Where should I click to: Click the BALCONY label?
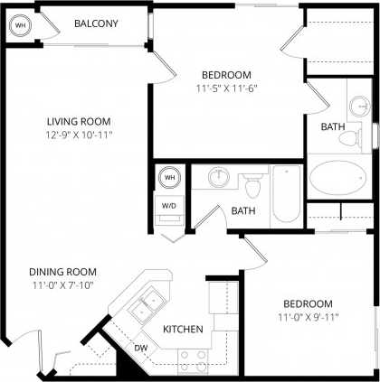96,23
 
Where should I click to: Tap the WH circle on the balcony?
20,27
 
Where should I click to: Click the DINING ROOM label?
62,272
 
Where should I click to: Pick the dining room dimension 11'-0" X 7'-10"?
62,285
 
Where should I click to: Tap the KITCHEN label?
182,330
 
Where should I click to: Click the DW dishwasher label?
141,347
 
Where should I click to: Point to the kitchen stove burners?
191,361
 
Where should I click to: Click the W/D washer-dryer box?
169,205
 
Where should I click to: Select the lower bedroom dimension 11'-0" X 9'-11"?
309,317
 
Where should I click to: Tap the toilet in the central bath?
253,188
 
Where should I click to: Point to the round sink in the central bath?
218,175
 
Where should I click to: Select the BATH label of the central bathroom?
242,211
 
